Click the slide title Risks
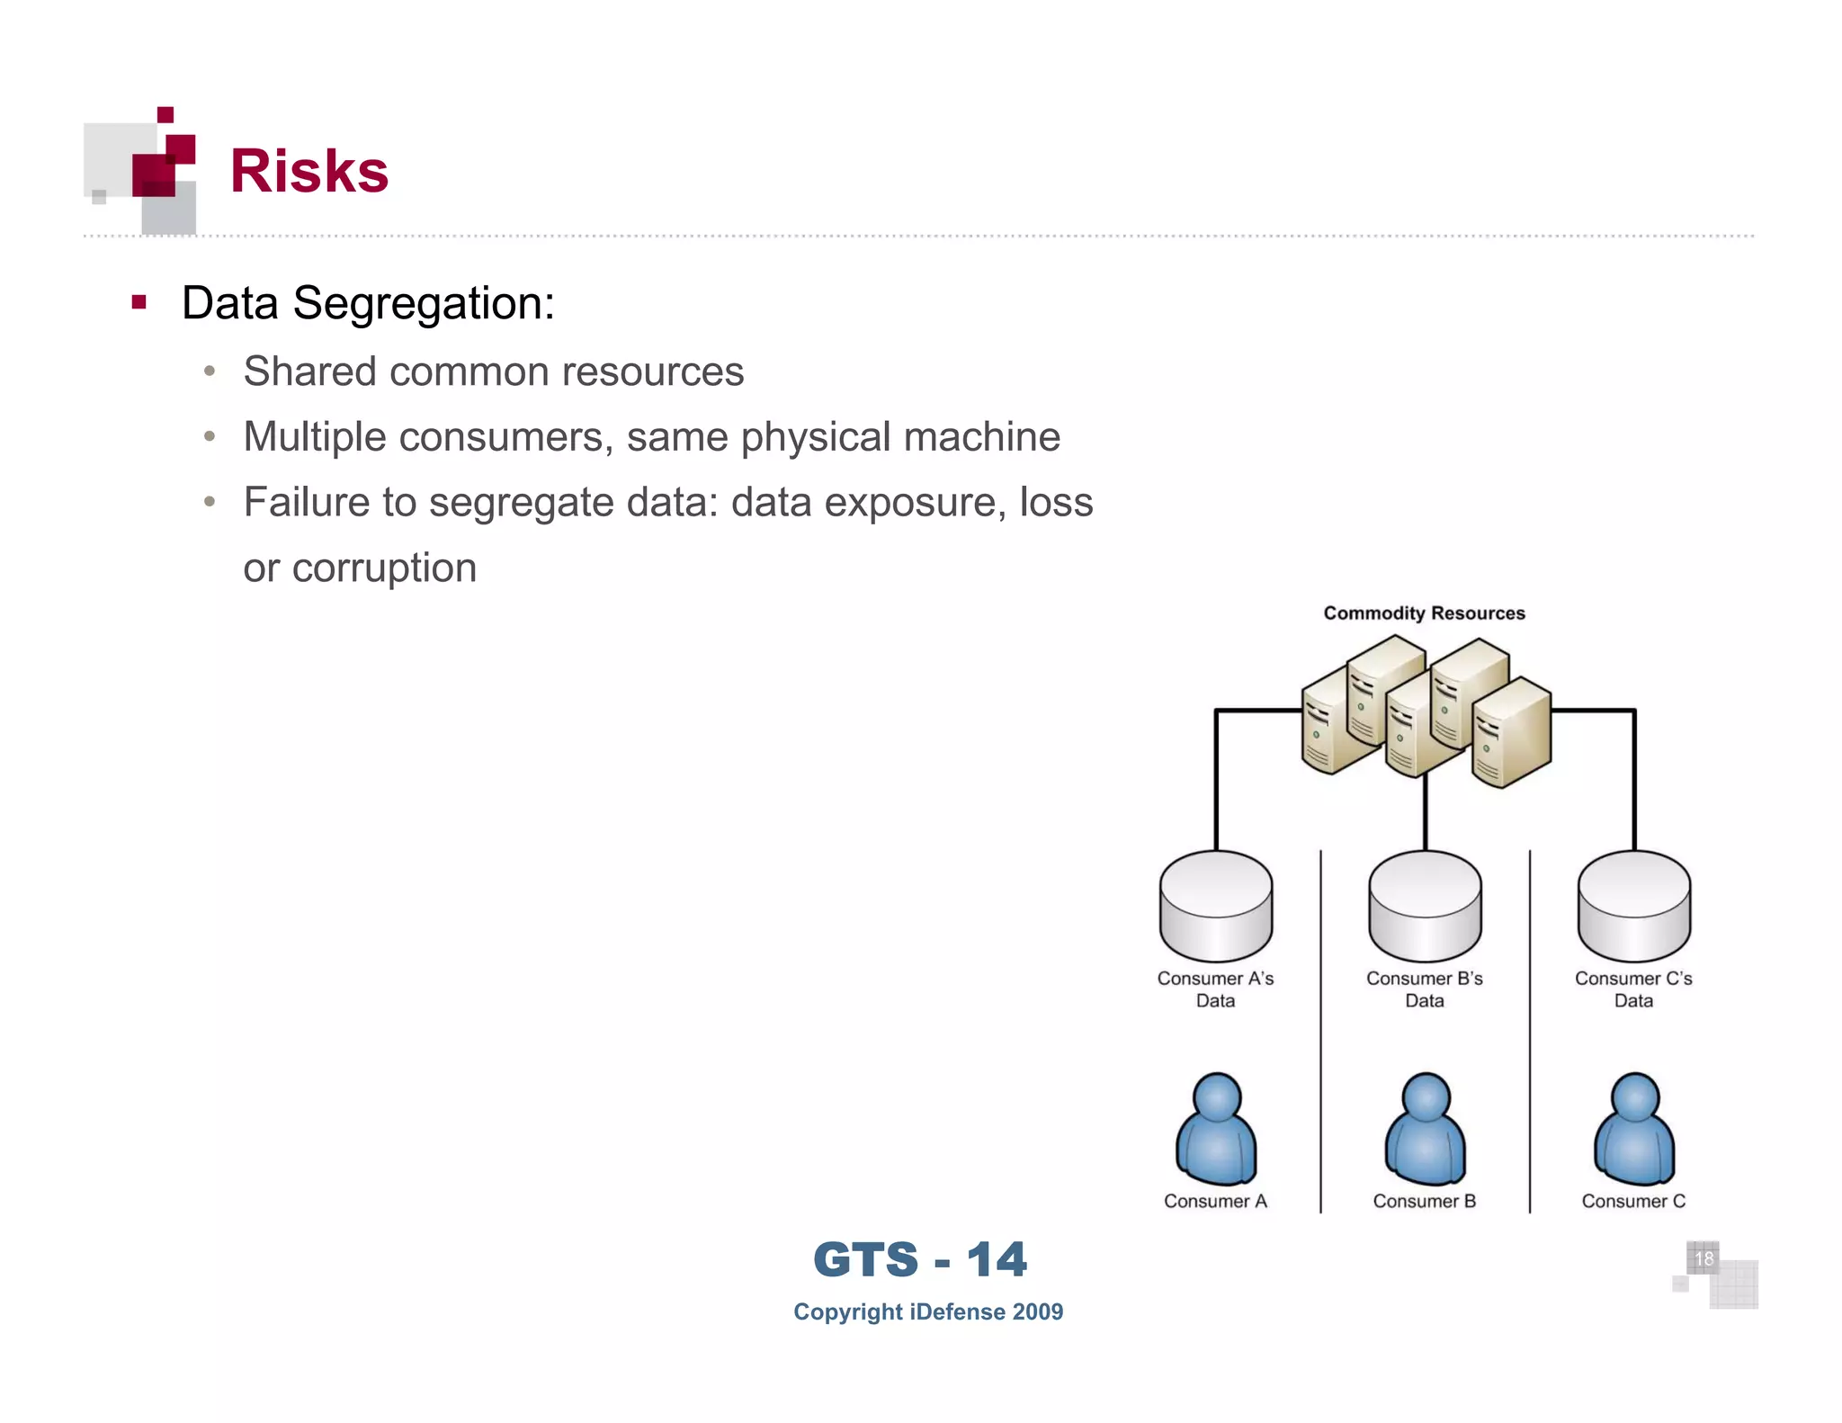308,171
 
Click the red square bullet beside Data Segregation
139,302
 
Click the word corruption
384,568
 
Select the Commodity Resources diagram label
1424,613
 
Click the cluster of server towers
1425,711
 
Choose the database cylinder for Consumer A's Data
1215,906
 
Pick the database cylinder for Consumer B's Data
1425,906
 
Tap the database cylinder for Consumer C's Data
1633,906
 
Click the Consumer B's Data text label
1425,989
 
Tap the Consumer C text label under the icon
1633,1202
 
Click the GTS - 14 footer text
919,1259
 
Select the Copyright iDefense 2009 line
928,1312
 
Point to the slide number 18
1703,1258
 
